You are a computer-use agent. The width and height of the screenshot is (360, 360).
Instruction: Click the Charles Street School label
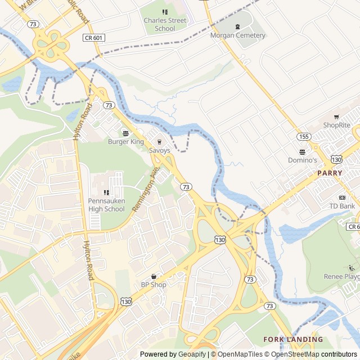(165, 24)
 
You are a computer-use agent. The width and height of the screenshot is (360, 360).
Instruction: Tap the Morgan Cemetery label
(237, 35)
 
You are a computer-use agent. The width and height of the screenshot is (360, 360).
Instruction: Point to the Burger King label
(126, 142)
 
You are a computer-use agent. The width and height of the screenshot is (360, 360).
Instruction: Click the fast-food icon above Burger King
(126, 133)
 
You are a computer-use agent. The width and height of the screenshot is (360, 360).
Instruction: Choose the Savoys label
(159, 150)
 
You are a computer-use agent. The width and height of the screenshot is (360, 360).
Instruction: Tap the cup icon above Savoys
(159, 142)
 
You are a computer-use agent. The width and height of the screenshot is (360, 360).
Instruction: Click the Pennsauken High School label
(106, 205)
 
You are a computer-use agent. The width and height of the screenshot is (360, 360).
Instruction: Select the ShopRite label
(336, 125)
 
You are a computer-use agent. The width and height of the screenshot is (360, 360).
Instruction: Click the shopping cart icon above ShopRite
(336, 117)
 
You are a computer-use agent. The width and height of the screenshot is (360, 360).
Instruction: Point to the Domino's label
(303, 160)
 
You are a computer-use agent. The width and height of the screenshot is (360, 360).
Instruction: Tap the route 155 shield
(304, 137)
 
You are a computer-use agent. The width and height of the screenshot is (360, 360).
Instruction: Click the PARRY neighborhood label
(330, 173)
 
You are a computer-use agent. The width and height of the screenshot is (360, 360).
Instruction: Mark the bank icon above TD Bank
(342, 197)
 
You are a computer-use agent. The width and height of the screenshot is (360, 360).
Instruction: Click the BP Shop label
(154, 285)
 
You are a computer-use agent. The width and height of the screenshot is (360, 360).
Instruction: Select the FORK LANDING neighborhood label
(293, 340)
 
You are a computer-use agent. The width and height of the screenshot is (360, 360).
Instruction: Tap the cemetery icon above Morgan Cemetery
(237, 26)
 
